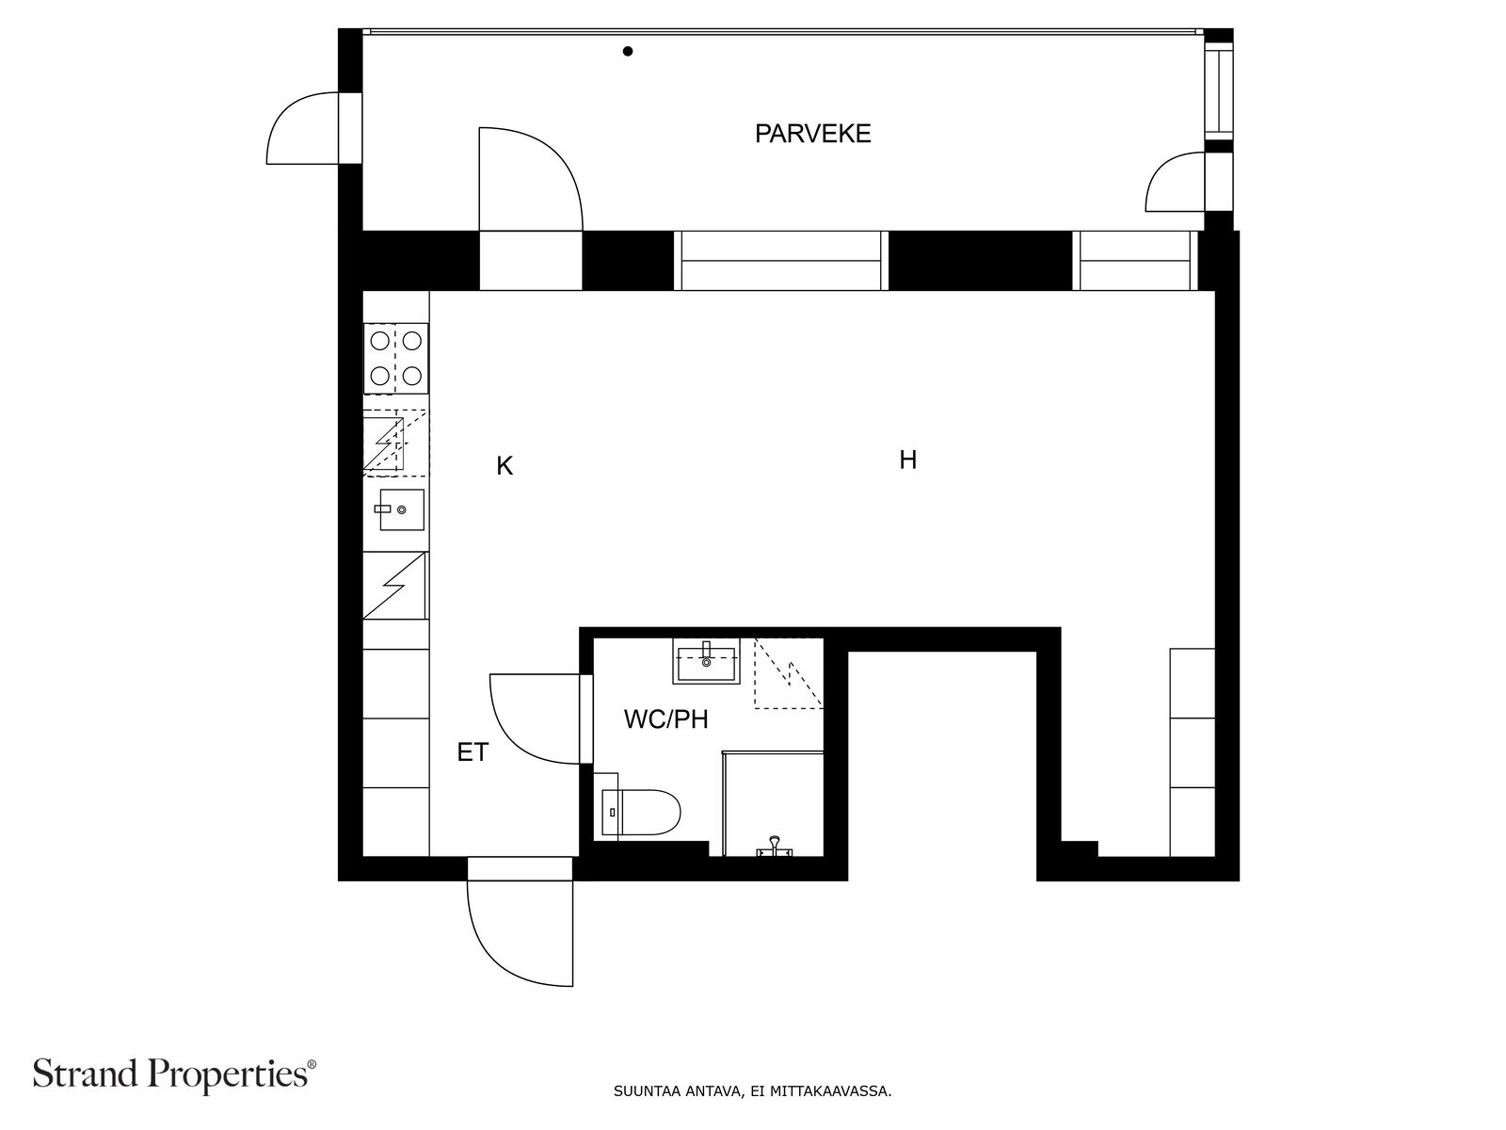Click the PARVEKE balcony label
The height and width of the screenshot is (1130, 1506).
coord(812,133)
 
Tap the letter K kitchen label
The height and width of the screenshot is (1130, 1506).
coord(505,466)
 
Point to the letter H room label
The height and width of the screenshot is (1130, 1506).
coord(907,460)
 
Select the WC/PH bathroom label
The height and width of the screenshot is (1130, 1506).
coord(665,719)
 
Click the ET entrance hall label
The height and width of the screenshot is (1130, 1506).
coord(473,752)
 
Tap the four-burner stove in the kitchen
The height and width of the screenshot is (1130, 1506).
coord(396,358)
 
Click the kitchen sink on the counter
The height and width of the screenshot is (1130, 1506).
coord(401,509)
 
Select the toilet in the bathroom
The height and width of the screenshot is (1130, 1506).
coord(640,812)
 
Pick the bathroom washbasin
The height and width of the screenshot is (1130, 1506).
coord(706,661)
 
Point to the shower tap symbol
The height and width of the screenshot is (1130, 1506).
coord(775,847)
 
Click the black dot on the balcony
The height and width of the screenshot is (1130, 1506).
coord(627,51)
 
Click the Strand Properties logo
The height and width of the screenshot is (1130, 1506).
coord(174,1073)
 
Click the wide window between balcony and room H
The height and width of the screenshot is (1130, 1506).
coord(781,261)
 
